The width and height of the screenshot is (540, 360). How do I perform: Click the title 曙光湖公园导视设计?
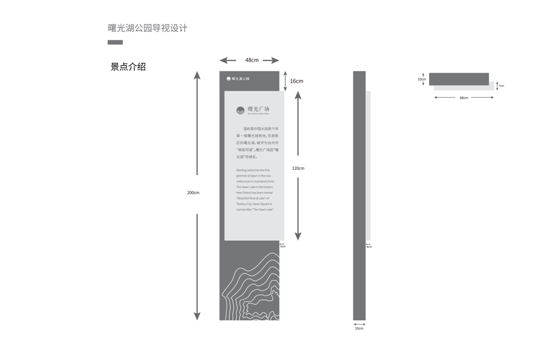(x=148, y=28)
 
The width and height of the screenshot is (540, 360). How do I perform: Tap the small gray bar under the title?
(x=115, y=43)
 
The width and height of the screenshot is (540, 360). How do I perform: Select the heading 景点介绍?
(x=128, y=67)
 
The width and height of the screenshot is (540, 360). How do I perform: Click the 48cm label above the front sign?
(x=251, y=60)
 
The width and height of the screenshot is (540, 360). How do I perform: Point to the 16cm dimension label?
(x=296, y=81)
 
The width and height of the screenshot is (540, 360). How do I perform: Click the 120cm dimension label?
(x=298, y=168)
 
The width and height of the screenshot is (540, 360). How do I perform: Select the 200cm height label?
(x=193, y=192)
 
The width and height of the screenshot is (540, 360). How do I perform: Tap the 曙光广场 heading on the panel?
(x=259, y=109)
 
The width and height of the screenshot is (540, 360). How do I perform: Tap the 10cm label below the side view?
(x=359, y=329)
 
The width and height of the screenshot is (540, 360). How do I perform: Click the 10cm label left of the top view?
(x=422, y=79)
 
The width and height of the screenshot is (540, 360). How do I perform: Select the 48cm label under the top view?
(x=464, y=97)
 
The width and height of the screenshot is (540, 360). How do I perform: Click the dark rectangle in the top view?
(x=459, y=79)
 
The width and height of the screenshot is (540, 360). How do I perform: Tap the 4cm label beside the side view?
(x=369, y=247)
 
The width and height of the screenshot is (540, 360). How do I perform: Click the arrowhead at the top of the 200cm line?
(x=197, y=75)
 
